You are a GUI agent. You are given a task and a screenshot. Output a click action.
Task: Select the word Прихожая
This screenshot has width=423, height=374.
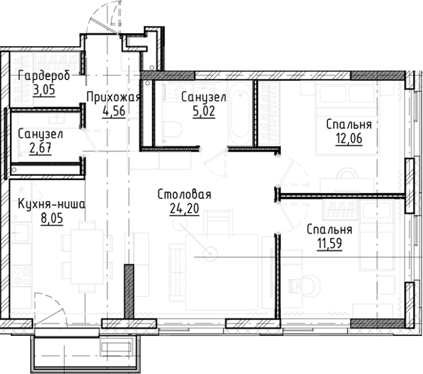click(x=112, y=97)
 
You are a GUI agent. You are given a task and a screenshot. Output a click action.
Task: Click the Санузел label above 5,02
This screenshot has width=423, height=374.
click(x=205, y=97)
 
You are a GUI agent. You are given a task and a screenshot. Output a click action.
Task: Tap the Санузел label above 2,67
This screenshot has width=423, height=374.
click(x=39, y=135)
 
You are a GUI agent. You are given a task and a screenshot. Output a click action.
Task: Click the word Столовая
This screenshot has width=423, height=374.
click(x=184, y=195)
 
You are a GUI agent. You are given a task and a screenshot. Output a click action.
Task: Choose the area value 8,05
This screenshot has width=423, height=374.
click(x=48, y=218)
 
